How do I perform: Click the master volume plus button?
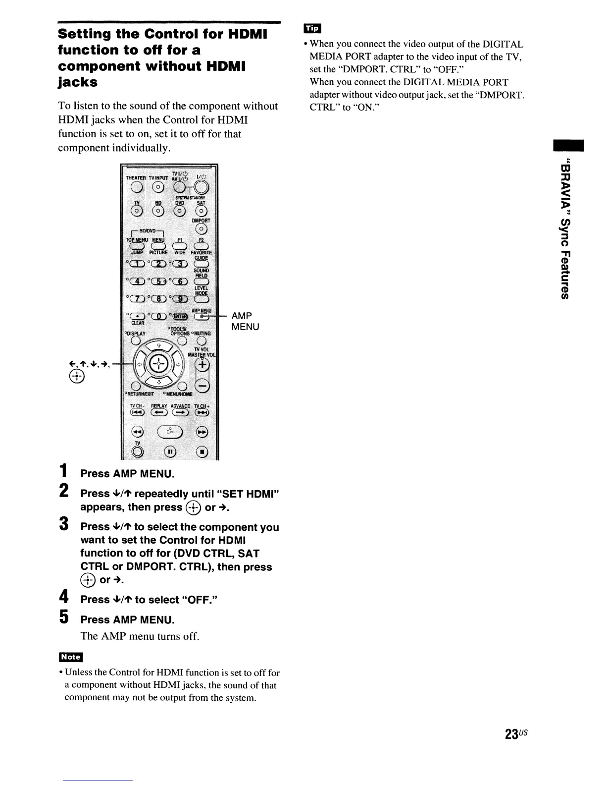pos(202,365)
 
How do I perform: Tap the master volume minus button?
pos(202,386)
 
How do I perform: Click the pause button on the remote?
pos(170,452)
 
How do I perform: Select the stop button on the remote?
pos(202,452)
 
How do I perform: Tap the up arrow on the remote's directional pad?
pos(159,345)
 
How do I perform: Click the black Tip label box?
pos(313,30)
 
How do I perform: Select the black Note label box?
pos(70,657)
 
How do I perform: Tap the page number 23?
pos(512,734)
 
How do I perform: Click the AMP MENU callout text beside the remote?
pos(245,321)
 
